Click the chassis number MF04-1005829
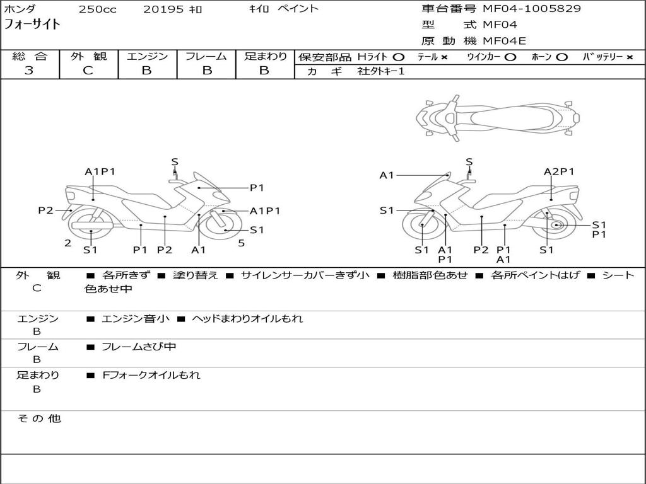tap(532, 9)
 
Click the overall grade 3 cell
tap(29, 71)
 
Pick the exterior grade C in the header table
tap(88, 71)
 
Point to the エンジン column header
tap(148, 57)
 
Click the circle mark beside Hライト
tap(398, 57)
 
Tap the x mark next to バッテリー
tap(629, 57)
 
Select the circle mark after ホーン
tap(561, 57)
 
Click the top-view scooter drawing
tap(498, 117)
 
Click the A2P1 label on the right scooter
tap(559, 171)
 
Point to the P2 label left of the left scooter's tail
tap(45, 210)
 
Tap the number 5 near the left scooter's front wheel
tap(241, 243)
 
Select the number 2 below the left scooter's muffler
tap(68, 243)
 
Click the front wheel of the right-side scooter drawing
tap(420, 227)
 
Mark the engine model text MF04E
tap(504, 41)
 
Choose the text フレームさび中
tap(139, 347)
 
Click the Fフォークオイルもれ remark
tap(151, 375)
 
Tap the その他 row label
tap(38, 418)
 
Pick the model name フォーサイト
tap(33, 25)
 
